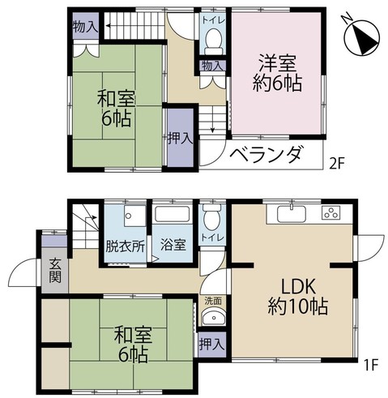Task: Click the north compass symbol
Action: click(x=362, y=39)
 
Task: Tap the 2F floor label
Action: click(x=337, y=163)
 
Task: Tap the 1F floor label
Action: click(x=372, y=366)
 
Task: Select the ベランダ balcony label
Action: click(x=266, y=155)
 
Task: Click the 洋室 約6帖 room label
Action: click(x=277, y=73)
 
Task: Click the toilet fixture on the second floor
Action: click(x=214, y=41)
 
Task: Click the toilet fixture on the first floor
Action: click(x=212, y=217)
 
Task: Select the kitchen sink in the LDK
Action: click(x=292, y=212)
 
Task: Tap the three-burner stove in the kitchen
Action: click(x=331, y=212)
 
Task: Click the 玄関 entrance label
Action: click(x=55, y=271)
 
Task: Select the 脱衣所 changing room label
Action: click(x=125, y=246)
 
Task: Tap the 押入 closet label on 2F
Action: click(x=181, y=139)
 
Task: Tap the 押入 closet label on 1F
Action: click(x=211, y=345)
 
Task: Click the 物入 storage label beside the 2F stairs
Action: click(x=85, y=27)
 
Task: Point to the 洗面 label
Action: click(x=213, y=301)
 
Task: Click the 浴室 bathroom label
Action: click(x=173, y=245)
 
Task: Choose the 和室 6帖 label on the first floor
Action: click(x=133, y=345)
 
